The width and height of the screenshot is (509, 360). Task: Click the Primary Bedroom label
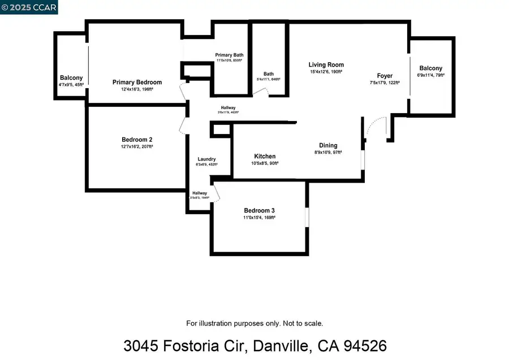[137, 83]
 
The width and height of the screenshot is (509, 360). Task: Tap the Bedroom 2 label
[137, 140]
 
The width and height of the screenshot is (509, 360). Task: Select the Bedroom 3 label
[259, 211]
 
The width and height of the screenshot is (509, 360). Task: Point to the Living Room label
[326, 65]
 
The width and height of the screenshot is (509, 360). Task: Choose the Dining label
[328, 145]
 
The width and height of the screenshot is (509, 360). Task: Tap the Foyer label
[385, 76]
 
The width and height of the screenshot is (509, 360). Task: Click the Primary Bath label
[229, 55]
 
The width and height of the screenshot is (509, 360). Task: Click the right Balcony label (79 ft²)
[431, 68]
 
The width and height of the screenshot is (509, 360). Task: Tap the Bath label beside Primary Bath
[269, 74]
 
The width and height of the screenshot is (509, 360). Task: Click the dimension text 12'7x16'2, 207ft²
[137, 146]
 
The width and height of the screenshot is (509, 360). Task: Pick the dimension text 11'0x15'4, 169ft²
[259, 218]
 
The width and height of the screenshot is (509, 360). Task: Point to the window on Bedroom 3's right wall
[306, 218]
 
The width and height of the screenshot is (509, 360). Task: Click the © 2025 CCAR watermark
[28, 7]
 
